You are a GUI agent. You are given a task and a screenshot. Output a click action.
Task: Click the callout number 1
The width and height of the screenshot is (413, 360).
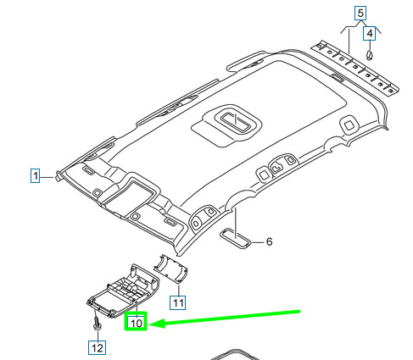[x=35, y=175]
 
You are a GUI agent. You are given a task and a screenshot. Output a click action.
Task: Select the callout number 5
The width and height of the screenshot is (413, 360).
[x=360, y=14]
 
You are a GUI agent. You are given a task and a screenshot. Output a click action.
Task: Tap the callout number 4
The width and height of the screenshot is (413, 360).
[x=370, y=34]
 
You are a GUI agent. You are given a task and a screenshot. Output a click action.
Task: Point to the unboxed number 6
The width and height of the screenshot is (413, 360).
[x=269, y=241]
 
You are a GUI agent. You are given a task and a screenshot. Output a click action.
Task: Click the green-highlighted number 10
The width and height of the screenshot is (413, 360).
[x=136, y=323]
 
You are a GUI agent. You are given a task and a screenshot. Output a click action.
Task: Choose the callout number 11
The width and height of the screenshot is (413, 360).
[x=178, y=302]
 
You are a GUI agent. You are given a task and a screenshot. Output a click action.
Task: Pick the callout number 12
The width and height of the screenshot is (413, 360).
[x=98, y=347]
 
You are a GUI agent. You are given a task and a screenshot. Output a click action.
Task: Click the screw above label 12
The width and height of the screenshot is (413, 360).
[x=97, y=322]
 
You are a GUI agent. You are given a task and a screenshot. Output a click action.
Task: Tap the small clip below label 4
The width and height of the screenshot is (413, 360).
[x=369, y=55]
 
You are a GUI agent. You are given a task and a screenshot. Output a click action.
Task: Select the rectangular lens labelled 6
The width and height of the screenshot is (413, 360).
[x=236, y=239]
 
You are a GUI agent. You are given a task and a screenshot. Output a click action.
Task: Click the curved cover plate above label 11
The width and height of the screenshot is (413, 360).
[x=170, y=268]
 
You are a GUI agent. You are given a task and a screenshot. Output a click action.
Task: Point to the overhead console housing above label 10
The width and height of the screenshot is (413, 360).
[x=123, y=291]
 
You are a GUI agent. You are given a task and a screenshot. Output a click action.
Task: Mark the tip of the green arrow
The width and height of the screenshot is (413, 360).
[x=149, y=324]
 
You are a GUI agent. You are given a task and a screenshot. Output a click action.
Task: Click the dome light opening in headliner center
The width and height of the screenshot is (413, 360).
[x=236, y=120]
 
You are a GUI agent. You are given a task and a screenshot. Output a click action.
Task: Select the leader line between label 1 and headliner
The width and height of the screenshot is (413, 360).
[x=47, y=177]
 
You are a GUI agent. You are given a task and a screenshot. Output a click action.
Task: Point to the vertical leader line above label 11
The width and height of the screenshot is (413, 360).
[x=179, y=291]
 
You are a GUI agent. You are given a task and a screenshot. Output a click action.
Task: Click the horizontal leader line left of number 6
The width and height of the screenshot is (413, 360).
[x=258, y=242]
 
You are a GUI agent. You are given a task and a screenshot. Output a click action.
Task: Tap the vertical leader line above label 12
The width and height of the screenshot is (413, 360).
[x=98, y=335]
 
